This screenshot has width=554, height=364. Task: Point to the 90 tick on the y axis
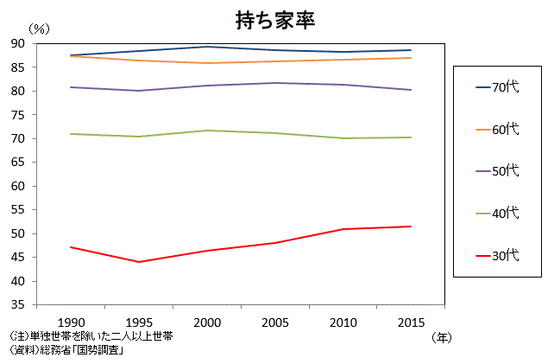point(18,43)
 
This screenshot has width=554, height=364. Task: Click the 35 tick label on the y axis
point(18,305)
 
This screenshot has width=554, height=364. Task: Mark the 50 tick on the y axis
point(18,234)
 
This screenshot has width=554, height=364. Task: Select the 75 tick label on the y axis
point(18,115)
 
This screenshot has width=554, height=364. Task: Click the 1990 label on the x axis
point(70,322)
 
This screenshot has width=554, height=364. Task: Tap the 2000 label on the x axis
point(206,322)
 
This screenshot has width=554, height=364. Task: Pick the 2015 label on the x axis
point(410,322)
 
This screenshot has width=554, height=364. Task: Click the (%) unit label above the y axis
point(40,28)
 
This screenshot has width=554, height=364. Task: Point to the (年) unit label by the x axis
point(441,337)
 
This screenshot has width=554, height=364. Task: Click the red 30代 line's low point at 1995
point(138,262)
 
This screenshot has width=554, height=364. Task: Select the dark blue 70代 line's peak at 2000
point(206,47)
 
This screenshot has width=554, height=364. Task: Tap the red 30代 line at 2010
point(342,229)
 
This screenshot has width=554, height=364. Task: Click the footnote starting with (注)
point(91,336)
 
